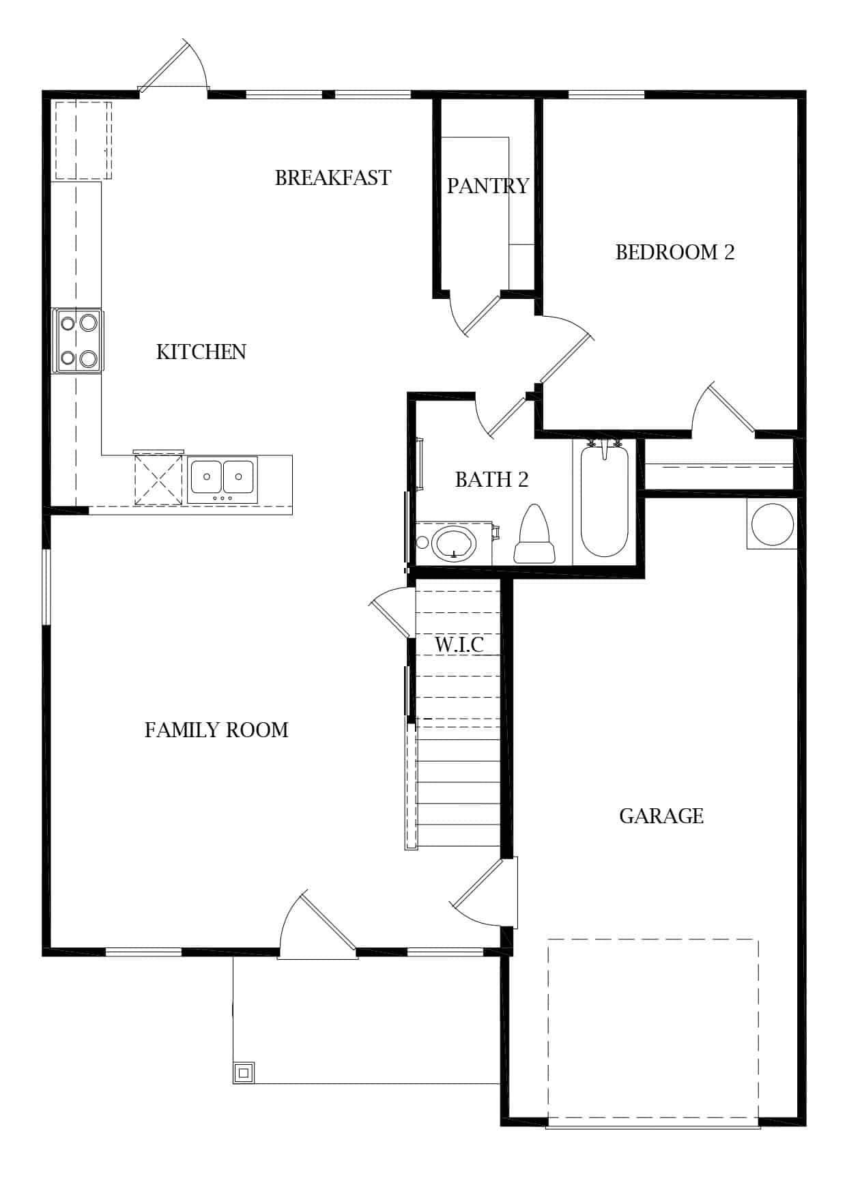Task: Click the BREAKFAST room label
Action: pyautogui.click(x=333, y=177)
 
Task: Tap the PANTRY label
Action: pyautogui.click(x=488, y=186)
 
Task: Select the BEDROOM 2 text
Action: pyautogui.click(x=675, y=252)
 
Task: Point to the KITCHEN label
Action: pyautogui.click(x=201, y=352)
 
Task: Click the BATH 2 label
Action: pyautogui.click(x=492, y=479)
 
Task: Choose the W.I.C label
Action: pyautogui.click(x=459, y=644)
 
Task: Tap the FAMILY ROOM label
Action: pyautogui.click(x=216, y=730)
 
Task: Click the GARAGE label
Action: pyautogui.click(x=661, y=816)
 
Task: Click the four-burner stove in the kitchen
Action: pyautogui.click(x=78, y=341)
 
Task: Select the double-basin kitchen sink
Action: pyautogui.click(x=222, y=480)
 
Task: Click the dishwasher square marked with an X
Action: pyautogui.click(x=158, y=480)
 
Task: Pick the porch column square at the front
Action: pyautogui.click(x=244, y=1072)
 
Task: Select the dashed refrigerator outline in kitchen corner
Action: pyautogui.click(x=83, y=141)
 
